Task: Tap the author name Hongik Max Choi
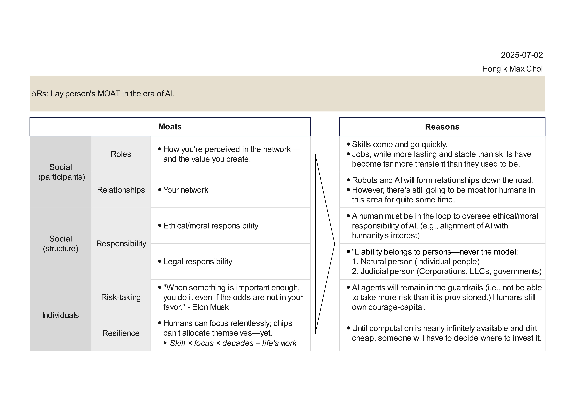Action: [x=512, y=69]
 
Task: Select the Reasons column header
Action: [x=442, y=127]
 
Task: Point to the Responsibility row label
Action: [x=121, y=243]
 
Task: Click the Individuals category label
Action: [x=60, y=315]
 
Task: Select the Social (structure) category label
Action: [x=60, y=243]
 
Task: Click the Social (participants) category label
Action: [x=61, y=172]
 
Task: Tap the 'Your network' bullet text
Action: [x=186, y=190]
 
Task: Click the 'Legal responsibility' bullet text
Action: [x=198, y=261]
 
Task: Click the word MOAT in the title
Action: [x=109, y=94]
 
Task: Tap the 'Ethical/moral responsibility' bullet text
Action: [x=211, y=226]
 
